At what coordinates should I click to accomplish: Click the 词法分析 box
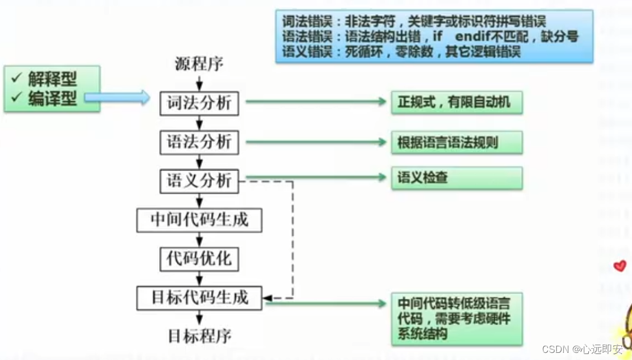[199, 104]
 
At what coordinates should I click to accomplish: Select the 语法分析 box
[199, 142]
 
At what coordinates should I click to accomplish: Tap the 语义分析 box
[199, 181]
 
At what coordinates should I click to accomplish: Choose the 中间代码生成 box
[199, 220]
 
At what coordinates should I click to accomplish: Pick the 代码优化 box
[199, 258]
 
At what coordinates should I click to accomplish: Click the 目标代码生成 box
[199, 297]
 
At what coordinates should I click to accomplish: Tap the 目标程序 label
[199, 336]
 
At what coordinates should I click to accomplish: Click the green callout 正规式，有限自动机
[456, 103]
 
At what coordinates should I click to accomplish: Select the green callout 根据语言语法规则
[456, 143]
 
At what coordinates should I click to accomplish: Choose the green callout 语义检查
[456, 178]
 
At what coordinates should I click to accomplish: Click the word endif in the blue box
[473, 37]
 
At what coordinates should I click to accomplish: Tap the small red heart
[620, 266]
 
